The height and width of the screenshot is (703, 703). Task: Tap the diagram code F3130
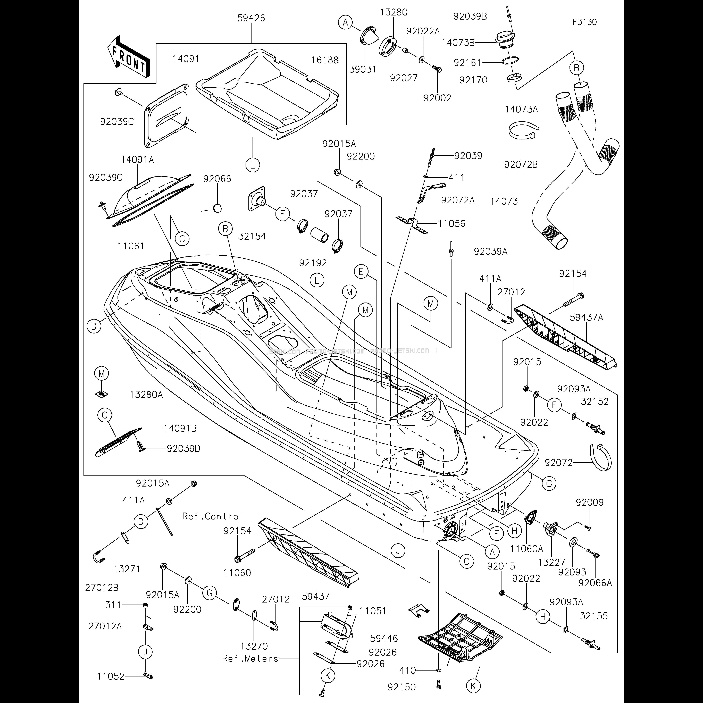[584, 22]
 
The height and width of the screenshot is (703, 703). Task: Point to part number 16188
[325, 60]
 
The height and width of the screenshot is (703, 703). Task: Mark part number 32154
[252, 236]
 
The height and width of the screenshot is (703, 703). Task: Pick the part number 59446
[384, 638]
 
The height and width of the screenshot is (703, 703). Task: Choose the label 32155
[594, 616]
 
